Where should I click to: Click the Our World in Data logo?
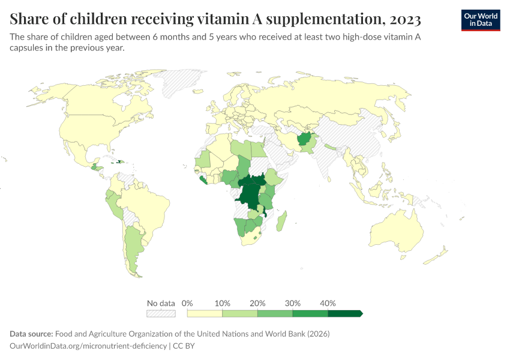pos(480,19)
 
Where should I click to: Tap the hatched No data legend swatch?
pos(161,313)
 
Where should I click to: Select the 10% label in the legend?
pos(223,303)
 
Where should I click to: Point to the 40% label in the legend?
pos(328,303)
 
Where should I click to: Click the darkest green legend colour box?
pos(344,313)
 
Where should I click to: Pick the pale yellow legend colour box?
pos(205,313)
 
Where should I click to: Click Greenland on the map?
pos(183,81)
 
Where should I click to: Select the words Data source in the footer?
pos(31,334)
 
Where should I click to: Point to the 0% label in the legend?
pos(187,303)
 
